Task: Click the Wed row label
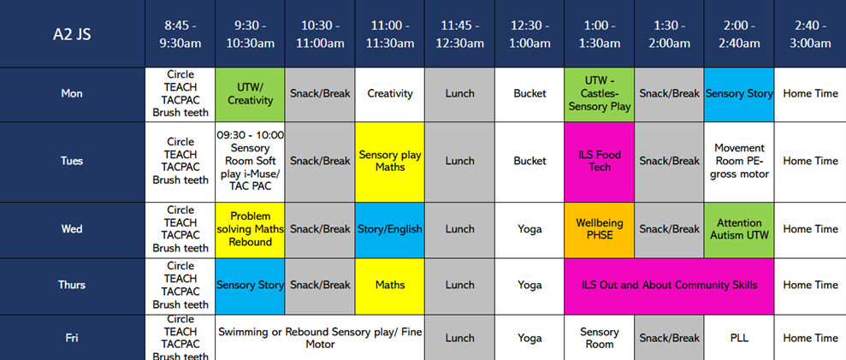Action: tap(72, 229)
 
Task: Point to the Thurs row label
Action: tap(72, 285)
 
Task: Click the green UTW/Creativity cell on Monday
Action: tap(250, 93)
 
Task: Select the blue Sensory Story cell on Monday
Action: tap(739, 93)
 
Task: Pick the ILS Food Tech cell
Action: tap(600, 161)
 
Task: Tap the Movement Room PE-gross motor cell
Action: tap(739, 161)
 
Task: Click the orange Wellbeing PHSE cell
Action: tap(600, 229)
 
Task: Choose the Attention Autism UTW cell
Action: tap(739, 229)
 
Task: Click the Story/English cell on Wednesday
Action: tap(389, 229)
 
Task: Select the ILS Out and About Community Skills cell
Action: tap(669, 285)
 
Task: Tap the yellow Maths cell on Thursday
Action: tap(389, 285)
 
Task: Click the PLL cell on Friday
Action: tap(739, 338)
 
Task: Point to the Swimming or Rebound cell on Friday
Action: tap(319, 338)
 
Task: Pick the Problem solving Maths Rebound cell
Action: tap(250, 229)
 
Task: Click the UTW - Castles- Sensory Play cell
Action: tap(600, 93)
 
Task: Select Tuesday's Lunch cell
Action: tap(459, 161)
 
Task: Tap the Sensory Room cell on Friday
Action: tap(600, 338)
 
